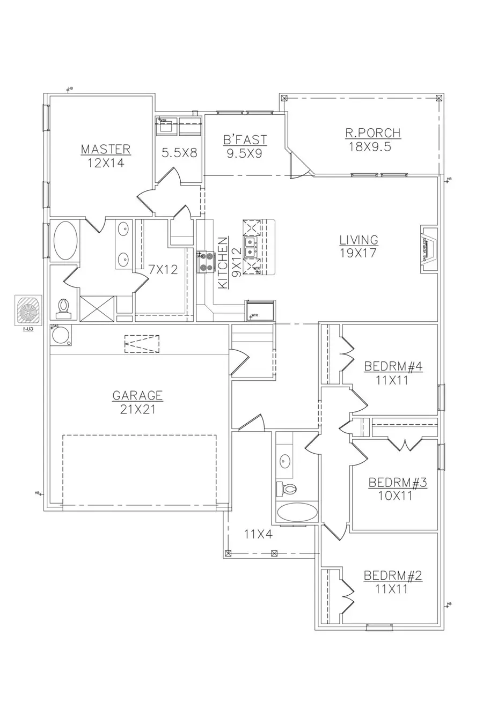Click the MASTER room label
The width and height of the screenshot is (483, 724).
tap(106, 149)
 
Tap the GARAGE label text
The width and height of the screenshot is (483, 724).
tap(137, 396)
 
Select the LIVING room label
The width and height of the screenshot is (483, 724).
tap(358, 240)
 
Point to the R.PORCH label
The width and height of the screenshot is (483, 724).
tap(374, 134)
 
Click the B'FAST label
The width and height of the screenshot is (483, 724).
tap(245, 140)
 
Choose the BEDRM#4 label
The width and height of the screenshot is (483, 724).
tap(393, 367)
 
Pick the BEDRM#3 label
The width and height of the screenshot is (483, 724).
tap(397, 483)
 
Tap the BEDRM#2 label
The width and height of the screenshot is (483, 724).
tap(393, 576)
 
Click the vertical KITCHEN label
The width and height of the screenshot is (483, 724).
tap(222, 263)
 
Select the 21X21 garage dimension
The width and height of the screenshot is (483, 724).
tap(137, 409)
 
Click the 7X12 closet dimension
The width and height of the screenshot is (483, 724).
tap(163, 270)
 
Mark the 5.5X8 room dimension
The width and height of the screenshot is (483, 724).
tap(180, 152)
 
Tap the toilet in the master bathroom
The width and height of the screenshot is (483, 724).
tap(63, 306)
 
